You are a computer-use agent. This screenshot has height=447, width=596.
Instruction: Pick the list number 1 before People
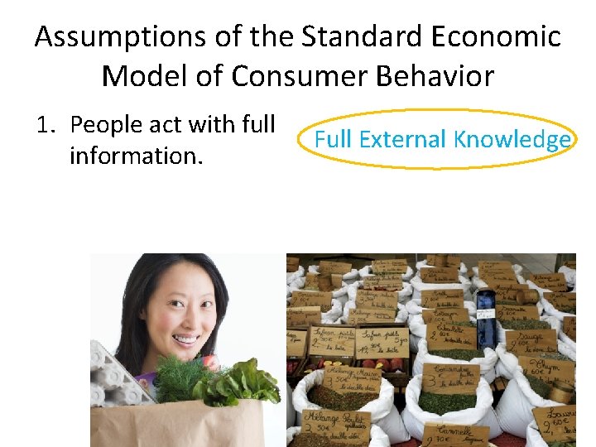[46, 125]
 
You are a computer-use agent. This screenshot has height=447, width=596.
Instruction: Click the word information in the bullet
[134, 155]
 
